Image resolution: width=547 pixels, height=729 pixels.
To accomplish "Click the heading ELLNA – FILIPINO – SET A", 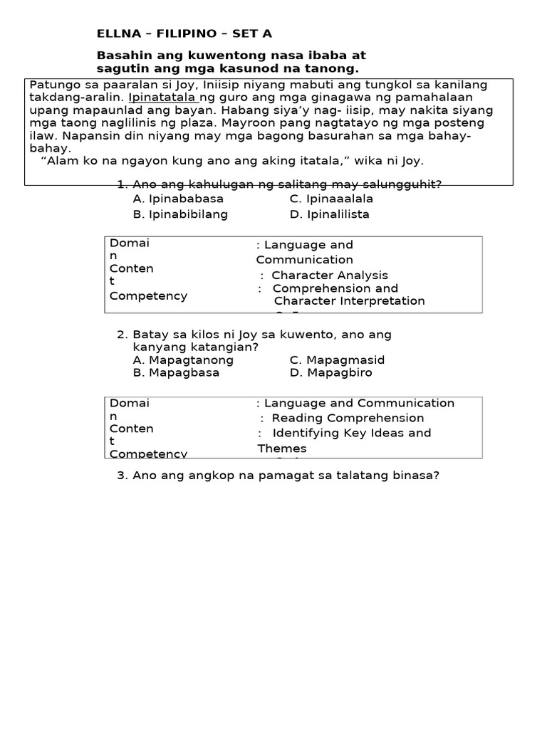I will pos(184,33).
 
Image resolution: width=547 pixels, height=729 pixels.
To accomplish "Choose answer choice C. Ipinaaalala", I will pos(331,199).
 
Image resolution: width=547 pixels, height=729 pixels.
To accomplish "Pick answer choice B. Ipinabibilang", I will pos(180,214).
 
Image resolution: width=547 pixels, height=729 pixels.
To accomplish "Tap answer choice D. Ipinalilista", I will pos(330,214).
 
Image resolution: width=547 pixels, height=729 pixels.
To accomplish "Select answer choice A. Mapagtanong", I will pos(183,360).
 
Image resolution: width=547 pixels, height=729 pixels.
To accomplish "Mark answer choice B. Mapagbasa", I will pos(176,372).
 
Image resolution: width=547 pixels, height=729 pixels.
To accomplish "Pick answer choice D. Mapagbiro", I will pos(331,372).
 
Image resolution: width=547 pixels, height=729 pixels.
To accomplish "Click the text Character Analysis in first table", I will pos(330,275).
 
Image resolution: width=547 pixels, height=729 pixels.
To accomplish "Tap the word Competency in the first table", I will pos(149,295).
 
